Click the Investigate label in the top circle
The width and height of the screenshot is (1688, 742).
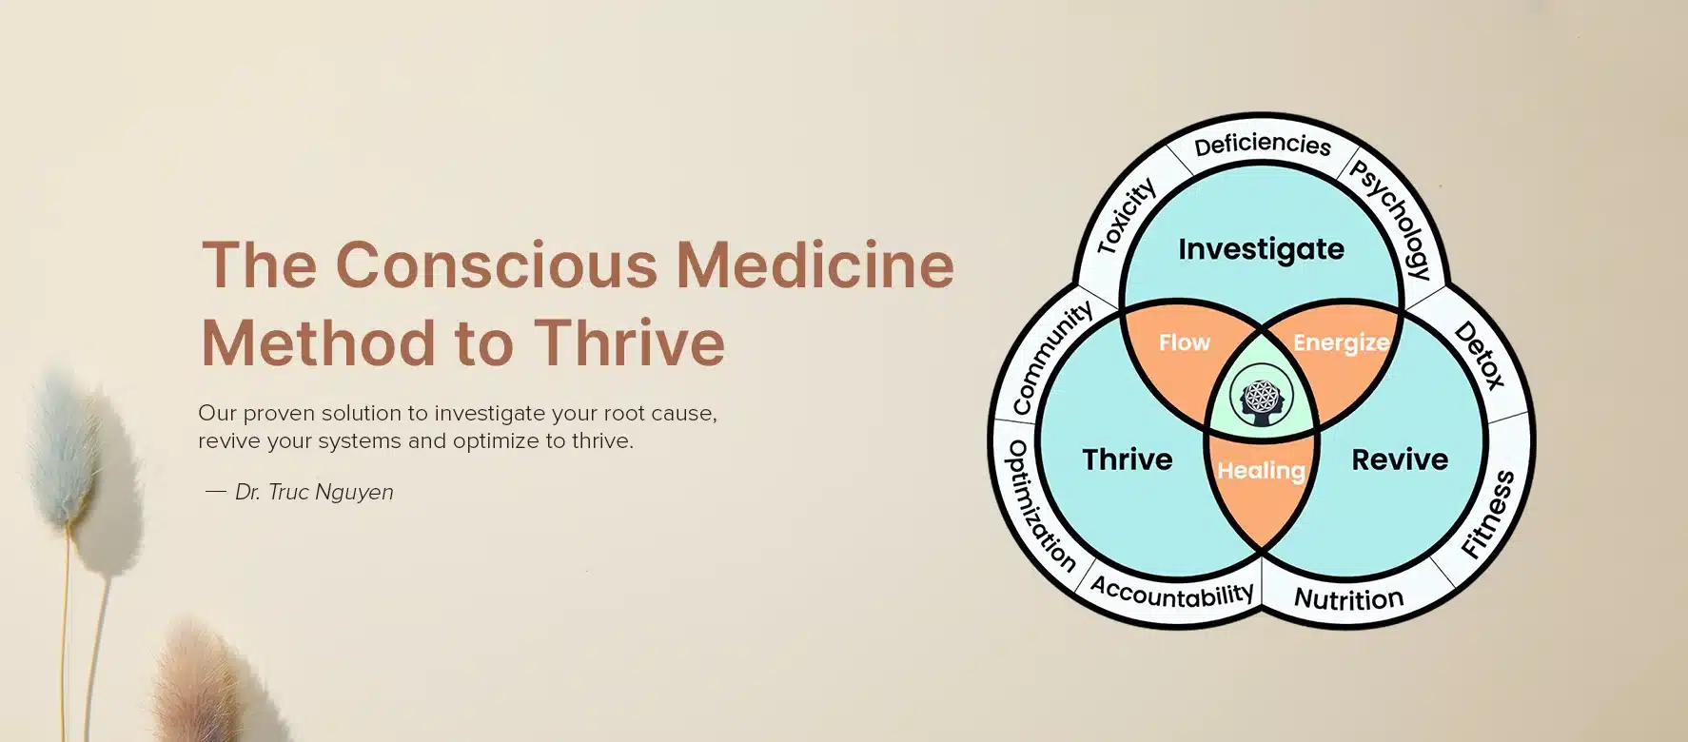click(1261, 249)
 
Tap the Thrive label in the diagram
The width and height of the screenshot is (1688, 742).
click(1127, 459)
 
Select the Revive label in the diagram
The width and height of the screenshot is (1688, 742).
click(1399, 459)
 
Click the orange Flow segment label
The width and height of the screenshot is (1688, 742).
click(1184, 342)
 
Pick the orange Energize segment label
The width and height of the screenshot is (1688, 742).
click(1340, 342)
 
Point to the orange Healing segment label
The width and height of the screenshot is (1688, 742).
click(1261, 470)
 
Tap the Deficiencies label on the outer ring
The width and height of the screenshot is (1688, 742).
click(1262, 145)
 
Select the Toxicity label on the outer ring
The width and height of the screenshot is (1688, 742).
click(1127, 217)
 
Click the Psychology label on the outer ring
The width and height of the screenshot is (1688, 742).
click(1391, 220)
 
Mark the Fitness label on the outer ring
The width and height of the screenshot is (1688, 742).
click(1487, 515)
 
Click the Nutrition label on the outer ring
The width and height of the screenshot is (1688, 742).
click(1348, 599)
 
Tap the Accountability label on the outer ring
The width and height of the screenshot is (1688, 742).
click(1171, 593)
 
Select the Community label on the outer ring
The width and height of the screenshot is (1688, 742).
click(1051, 358)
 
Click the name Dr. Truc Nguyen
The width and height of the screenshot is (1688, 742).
click(314, 492)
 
